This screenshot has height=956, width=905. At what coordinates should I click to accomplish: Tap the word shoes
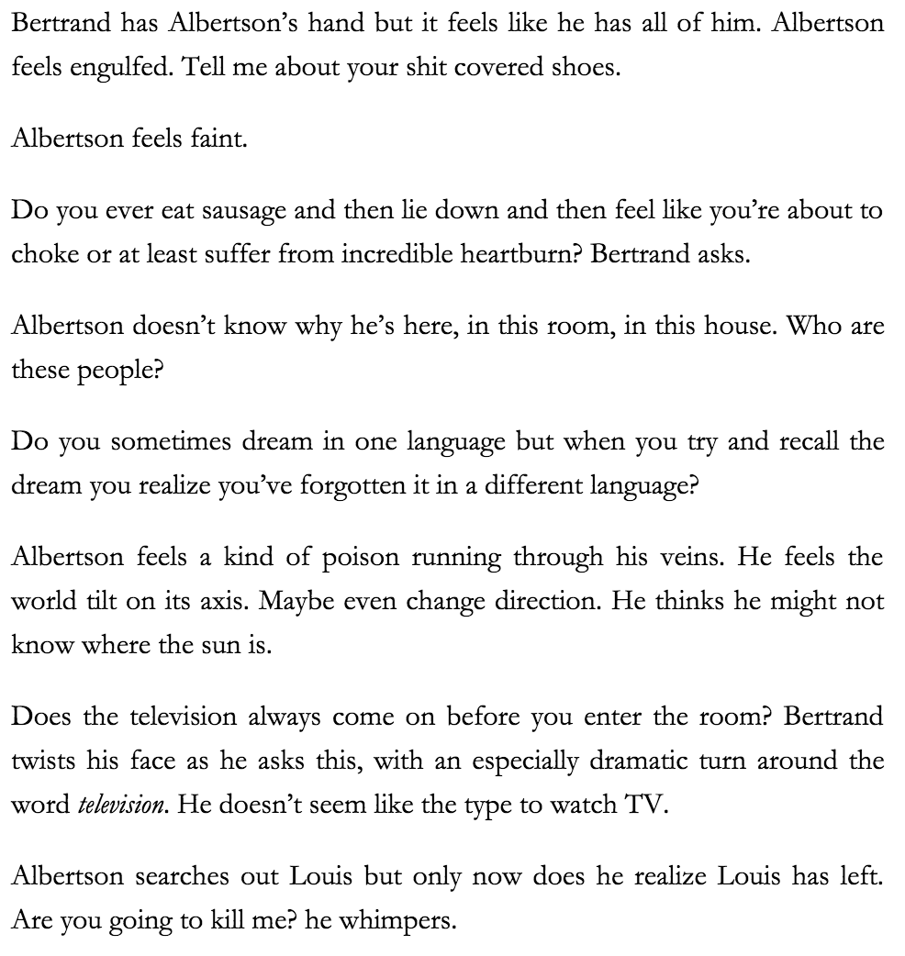point(587,69)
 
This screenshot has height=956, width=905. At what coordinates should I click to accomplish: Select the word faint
point(218,139)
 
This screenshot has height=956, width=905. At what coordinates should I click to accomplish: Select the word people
point(106,370)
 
